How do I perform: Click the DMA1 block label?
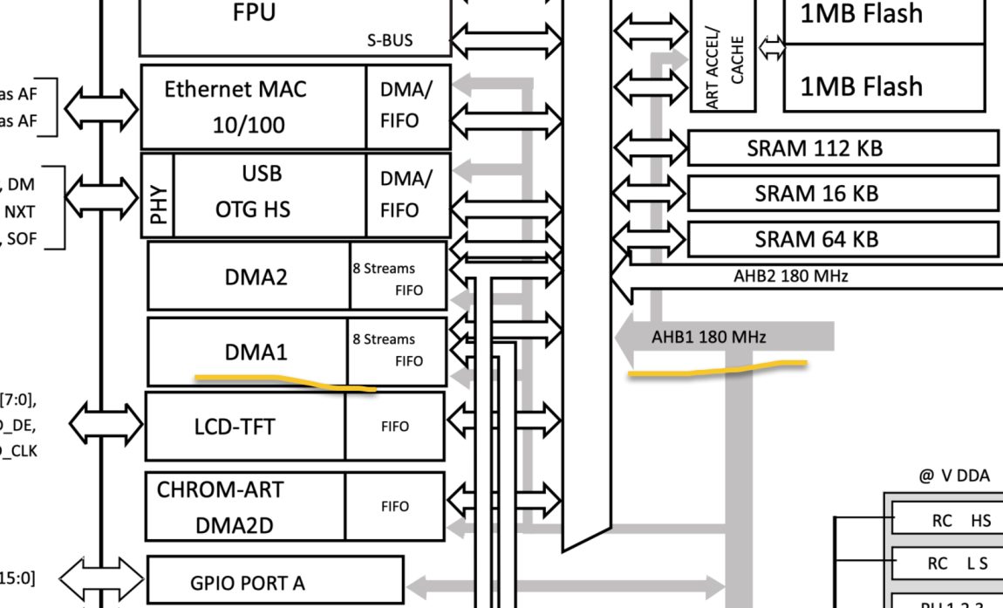tap(256, 352)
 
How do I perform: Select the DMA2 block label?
tap(256, 277)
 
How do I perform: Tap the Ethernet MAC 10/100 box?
tap(253, 106)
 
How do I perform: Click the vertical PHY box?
tap(158, 195)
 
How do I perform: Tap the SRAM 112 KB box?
tap(843, 148)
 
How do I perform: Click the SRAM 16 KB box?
tap(843, 194)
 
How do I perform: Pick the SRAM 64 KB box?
tap(843, 239)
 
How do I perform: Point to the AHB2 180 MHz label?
tap(790, 277)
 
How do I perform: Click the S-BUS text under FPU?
tap(390, 40)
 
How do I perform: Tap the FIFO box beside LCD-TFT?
tap(394, 427)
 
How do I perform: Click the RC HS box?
tap(947, 521)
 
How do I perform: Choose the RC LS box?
tap(947, 564)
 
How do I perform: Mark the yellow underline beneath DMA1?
tap(285, 382)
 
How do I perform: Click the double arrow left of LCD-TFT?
tap(106, 425)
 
